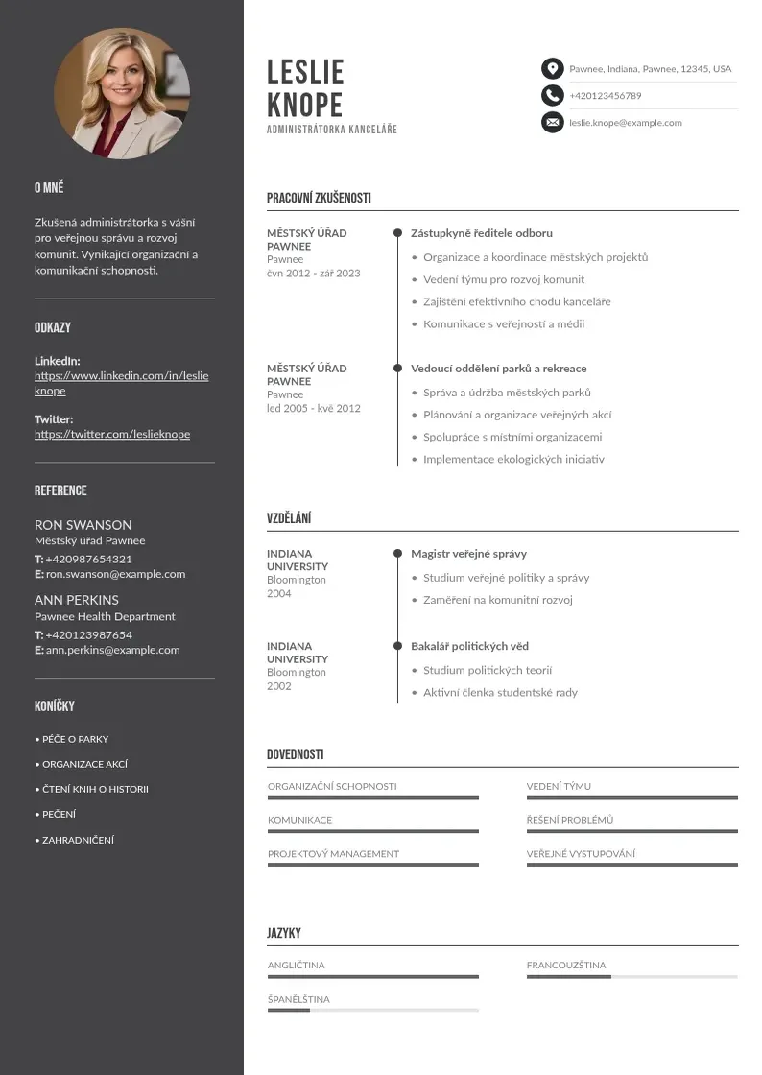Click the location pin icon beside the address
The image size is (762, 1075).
click(552, 68)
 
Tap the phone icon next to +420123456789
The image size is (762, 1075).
click(552, 95)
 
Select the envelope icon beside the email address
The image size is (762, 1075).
click(552, 122)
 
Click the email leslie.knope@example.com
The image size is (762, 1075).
click(625, 123)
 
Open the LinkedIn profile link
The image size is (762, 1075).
click(121, 383)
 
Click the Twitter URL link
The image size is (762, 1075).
click(112, 434)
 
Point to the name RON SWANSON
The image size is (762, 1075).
click(83, 525)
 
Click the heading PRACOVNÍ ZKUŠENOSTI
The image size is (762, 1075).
click(319, 199)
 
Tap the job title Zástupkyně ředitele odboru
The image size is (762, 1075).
click(482, 233)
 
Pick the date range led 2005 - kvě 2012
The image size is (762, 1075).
click(314, 408)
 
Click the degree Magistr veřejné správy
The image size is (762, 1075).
click(468, 554)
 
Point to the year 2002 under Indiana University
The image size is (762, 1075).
click(279, 686)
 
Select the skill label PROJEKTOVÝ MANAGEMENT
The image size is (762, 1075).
click(333, 854)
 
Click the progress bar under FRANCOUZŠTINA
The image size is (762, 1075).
click(631, 977)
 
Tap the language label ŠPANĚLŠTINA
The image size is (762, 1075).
click(298, 999)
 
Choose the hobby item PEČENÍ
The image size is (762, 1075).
click(59, 815)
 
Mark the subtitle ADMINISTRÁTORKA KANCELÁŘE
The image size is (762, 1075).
click(332, 130)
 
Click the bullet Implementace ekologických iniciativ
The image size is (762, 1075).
click(513, 459)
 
